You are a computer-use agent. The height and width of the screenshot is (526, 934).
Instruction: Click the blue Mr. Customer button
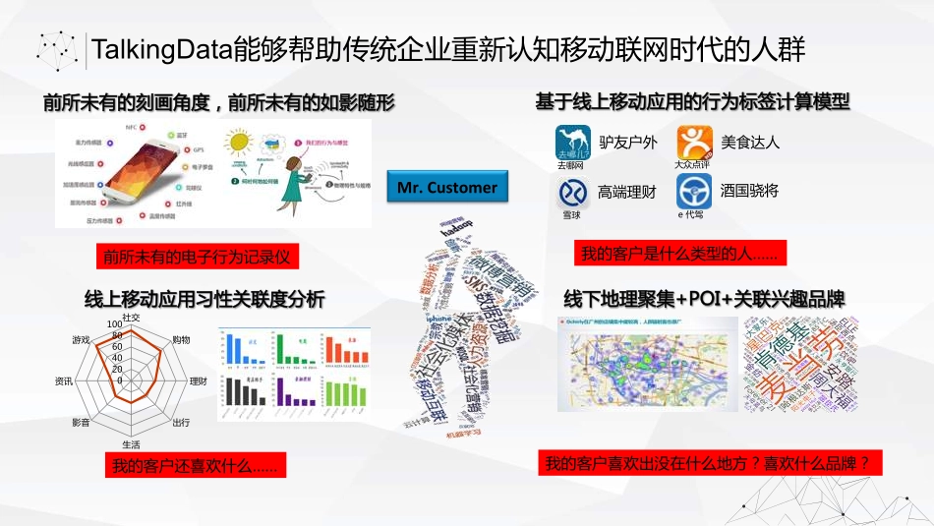[447, 187]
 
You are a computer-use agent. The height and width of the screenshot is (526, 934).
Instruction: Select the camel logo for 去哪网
[571, 144]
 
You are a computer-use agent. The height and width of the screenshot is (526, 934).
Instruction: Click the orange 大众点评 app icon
[693, 144]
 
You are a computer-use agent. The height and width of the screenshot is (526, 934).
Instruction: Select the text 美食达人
[749, 142]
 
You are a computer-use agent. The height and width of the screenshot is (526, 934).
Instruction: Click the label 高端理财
[627, 192]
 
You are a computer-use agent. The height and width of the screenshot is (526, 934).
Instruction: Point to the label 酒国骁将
[749, 191]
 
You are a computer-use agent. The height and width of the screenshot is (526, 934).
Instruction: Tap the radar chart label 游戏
[81, 340]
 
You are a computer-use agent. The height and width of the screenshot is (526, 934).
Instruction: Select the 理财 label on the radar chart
[198, 380]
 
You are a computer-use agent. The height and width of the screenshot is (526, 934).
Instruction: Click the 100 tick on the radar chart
[115, 323]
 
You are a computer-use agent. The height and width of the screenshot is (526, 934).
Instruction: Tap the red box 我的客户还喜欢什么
[194, 466]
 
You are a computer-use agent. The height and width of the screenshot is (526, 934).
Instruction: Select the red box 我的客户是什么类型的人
[677, 255]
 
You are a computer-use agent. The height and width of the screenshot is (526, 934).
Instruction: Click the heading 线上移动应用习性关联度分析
[204, 299]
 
